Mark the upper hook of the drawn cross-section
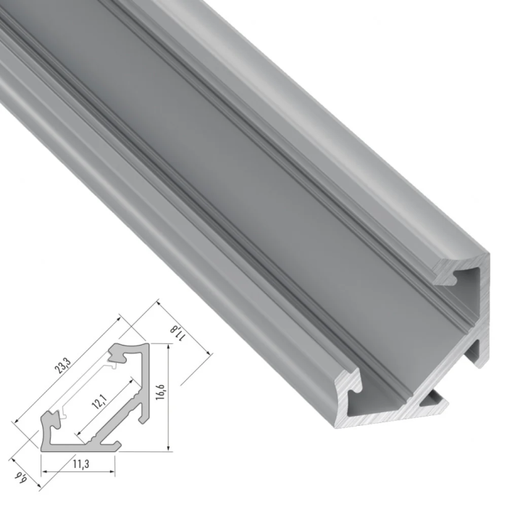tap(120, 354)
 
